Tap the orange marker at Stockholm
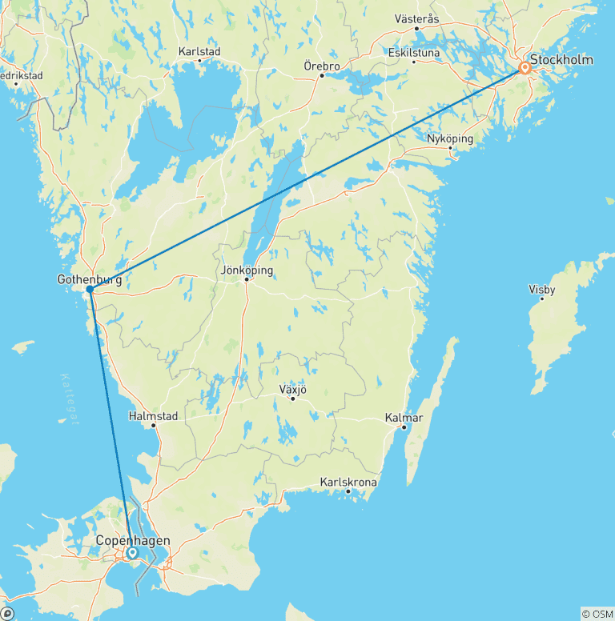pyautogui.click(x=525, y=68)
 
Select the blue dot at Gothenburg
pyautogui.click(x=90, y=290)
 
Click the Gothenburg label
pyautogui.click(x=90, y=280)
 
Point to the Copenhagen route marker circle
pyautogui.click(x=131, y=552)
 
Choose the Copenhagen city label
pyautogui.click(x=133, y=541)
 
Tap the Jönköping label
pyautogui.click(x=247, y=270)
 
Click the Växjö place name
pyautogui.click(x=292, y=390)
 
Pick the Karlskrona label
pyautogui.click(x=348, y=483)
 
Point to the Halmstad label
pyautogui.click(x=153, y=416)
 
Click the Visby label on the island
pyautogui.click(x=542, y=290)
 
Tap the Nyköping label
pyautogui.click(x=450, y=138)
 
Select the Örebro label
pyautogui.click(x=322, y=66)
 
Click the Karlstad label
pyautogui.click(x=199, y=51)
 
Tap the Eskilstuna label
pyautogui.click(x=414, y=52)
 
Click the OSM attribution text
pyautogui.click(x=597, y=614)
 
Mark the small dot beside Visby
pyautogui.click(x=542, y=298)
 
